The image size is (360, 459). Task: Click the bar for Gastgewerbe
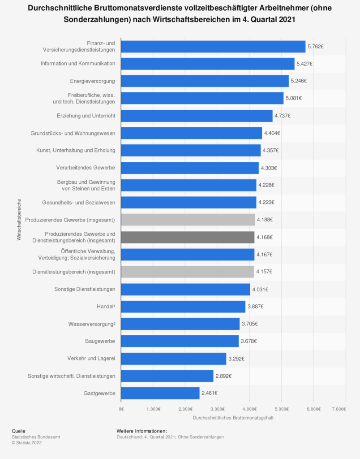point(160,393)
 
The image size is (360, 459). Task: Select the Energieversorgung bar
point(205,81)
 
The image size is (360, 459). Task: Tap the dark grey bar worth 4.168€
point(188,237)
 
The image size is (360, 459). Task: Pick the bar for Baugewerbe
point(180,341)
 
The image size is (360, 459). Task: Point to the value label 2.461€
point(210,393)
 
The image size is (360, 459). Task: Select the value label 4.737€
point(283,116)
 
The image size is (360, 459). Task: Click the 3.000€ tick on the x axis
point(217,409)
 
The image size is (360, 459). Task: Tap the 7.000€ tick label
point(339,409)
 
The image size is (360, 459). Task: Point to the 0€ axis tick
point(121,409)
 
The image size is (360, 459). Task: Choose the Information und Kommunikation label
point(78,64)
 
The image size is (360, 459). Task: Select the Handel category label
point(106,307)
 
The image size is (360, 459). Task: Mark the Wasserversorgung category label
point(91,324)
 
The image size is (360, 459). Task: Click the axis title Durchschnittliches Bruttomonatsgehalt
point(233,418)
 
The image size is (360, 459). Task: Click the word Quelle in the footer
point(19,431)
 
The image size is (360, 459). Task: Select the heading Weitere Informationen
point(141,431)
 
